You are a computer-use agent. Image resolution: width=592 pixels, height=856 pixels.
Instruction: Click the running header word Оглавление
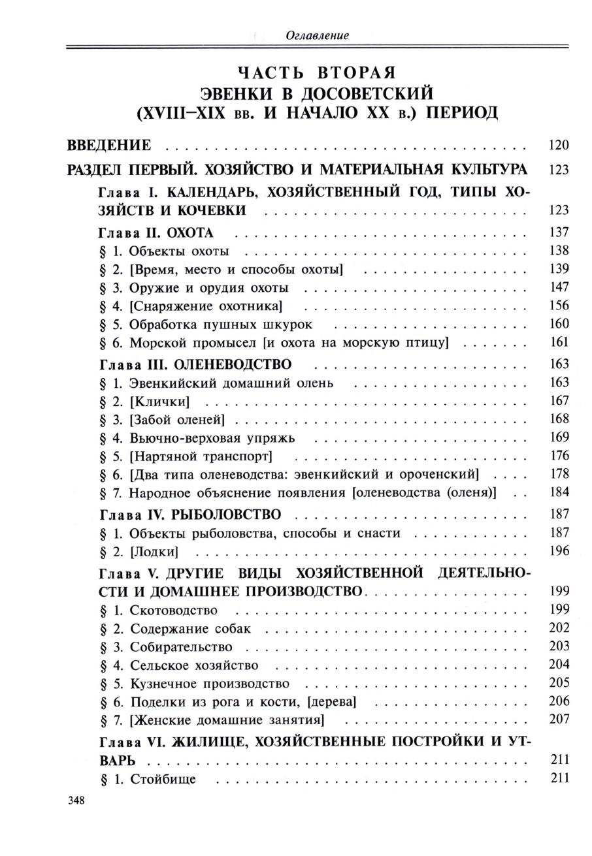317,36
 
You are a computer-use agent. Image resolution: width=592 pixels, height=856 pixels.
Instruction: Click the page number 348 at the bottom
77,800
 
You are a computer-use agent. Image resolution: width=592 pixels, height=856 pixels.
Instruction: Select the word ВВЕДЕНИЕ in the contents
109,145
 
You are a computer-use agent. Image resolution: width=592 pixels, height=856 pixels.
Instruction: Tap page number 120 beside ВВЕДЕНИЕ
559,145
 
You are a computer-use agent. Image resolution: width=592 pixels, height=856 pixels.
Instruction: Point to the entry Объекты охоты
178,251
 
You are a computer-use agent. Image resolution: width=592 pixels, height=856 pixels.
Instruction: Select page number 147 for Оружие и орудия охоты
559,287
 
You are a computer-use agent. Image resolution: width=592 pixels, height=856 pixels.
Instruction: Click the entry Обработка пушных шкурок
220,324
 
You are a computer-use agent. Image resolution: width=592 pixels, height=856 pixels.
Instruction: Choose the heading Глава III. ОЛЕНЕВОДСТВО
194,364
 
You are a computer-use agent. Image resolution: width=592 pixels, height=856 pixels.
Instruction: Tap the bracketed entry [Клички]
159,401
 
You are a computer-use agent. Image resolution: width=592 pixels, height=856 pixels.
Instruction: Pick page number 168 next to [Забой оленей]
559,419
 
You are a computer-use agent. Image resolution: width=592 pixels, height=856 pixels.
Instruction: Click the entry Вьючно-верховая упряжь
212,437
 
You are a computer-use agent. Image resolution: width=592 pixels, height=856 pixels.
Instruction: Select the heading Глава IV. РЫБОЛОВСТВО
189,515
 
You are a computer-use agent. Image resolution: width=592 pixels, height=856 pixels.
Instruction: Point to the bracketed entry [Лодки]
154,551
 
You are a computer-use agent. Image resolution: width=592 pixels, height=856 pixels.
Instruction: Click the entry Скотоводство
173,610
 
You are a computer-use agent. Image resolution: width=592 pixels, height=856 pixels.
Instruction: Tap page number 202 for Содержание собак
559,628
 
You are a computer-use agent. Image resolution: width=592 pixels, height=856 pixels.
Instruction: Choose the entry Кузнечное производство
209,684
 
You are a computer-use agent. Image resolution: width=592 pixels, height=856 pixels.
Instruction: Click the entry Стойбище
163,779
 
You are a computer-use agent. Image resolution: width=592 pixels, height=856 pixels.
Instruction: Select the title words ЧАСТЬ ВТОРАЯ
317,72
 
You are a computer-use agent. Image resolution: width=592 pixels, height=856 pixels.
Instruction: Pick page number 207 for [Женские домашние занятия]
559,720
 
